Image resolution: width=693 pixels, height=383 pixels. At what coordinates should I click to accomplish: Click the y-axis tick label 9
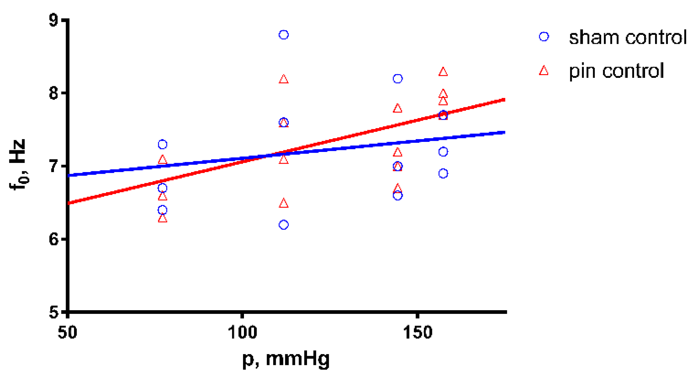click(x=53, y=21)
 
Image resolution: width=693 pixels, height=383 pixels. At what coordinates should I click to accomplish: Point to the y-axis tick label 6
click(x=53, y=240)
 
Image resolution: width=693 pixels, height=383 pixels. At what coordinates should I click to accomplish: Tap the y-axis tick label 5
click(x=53, y=312)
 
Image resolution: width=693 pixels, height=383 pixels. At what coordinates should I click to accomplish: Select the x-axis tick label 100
click(x=242, y=333)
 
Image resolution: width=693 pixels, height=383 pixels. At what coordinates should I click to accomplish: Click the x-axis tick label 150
click(x=418, y=333)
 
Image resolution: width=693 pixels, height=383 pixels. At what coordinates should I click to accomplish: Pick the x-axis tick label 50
click(x=67, y=333)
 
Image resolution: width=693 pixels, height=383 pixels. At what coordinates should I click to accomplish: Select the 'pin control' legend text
click(x=616, y=71)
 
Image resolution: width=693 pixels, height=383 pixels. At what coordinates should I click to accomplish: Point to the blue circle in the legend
click(x=544, y=37)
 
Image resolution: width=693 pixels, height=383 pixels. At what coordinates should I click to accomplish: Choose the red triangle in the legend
click(x=544, y=71)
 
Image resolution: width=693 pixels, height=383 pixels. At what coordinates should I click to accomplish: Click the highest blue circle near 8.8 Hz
click(x=283, y=35)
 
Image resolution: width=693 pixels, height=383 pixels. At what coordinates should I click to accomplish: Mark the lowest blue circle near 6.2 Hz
click(x=283, y=225)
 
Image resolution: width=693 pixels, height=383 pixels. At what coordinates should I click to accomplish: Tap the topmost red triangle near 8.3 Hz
click(x=443, y=72)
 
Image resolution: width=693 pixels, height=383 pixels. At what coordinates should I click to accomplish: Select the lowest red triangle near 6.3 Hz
click(x=163, y=218)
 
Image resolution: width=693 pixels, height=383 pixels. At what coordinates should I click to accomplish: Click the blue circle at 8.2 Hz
click(x=397, y=79)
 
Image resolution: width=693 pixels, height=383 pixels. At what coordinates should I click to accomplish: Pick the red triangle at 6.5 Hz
click(x=283, y=203)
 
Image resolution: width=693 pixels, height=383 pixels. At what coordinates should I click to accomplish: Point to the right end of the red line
click(x=504, y=100)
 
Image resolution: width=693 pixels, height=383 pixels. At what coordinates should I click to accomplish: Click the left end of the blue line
click(x=69, y=175)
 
